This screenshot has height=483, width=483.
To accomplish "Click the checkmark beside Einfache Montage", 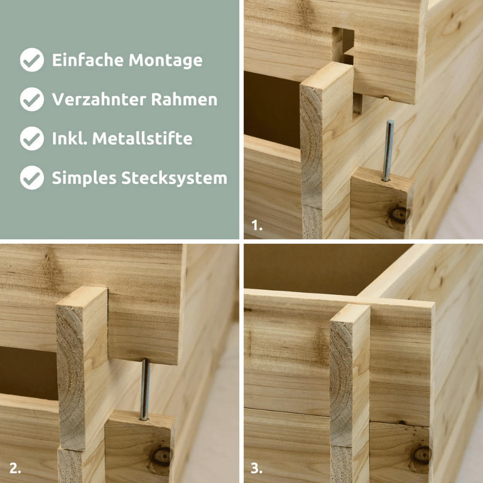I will (x=32, y=60).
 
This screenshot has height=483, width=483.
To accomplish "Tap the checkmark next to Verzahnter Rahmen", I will (x=32, y=99).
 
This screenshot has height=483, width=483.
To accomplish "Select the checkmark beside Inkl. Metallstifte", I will (x=32, y=138).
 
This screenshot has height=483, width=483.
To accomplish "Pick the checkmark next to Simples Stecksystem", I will (x=32, y=178).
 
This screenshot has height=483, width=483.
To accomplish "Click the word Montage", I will (x=165, y=60).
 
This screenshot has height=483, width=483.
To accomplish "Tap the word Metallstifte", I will (x=142, y=138).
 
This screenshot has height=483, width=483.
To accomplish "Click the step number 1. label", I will (x=257, y=225).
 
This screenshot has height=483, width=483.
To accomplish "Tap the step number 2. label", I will (x=15, y=469).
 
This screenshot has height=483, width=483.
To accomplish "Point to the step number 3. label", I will (x=256, y=469).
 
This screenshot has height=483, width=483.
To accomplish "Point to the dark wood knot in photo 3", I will (x=422, y=455).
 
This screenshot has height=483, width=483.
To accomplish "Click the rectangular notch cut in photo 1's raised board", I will (x=343, y=44).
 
